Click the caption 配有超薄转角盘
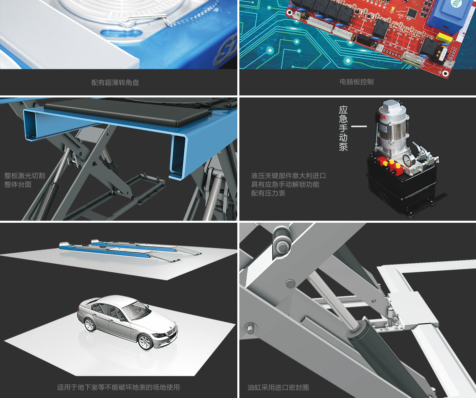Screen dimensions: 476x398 [115, 83]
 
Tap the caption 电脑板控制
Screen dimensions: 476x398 [357, 82]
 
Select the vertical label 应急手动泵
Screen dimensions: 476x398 [343, 128]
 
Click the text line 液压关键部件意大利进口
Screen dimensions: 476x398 [288, 176]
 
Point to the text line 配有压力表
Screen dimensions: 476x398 [268, 193]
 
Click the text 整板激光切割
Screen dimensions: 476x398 [24, 176]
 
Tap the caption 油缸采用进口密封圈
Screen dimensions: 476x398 [278, 387]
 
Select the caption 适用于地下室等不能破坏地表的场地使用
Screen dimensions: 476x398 [118, 387]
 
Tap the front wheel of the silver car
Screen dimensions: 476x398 [145, 342]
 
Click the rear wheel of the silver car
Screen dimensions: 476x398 [90, 324]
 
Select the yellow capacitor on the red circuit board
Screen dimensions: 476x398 [444, 38]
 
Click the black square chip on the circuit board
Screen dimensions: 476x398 [412, 13]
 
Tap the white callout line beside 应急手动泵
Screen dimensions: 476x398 [359, 126]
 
